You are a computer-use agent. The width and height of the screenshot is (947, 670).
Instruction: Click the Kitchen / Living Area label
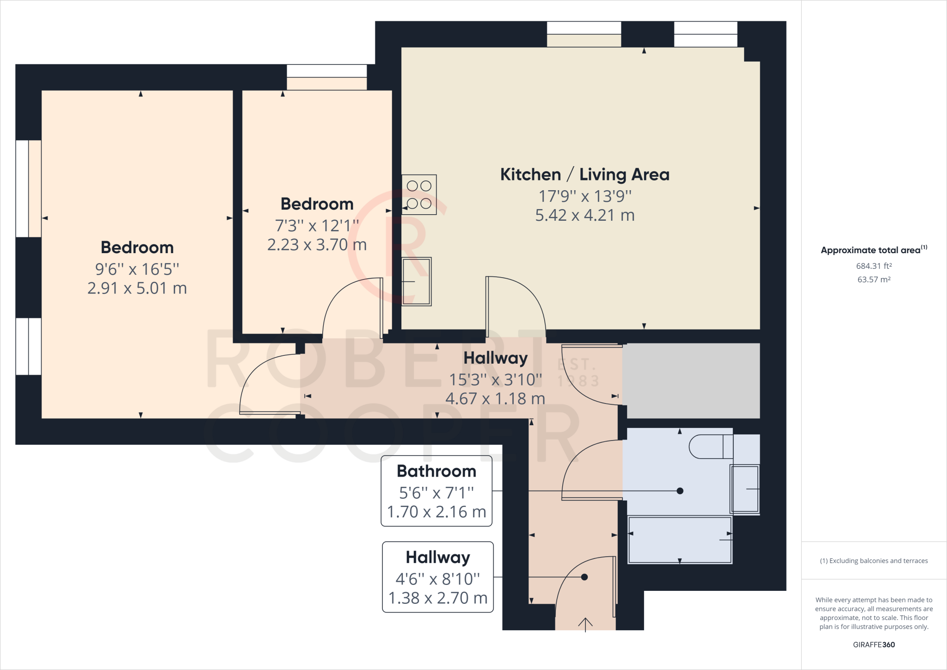[584, 174]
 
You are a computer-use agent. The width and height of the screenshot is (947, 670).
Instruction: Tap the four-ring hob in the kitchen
[419, 194]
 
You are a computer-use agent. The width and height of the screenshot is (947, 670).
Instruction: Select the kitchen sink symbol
[416, 281]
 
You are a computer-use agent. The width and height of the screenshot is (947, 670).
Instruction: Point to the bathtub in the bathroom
[680, 540]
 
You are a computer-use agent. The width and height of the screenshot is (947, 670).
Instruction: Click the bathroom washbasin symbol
[744, 489]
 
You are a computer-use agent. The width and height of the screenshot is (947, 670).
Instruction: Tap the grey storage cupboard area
[691, 380]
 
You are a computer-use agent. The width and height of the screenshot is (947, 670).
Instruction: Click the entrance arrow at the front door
[585, 624]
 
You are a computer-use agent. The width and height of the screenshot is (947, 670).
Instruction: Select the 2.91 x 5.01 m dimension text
[137, 288]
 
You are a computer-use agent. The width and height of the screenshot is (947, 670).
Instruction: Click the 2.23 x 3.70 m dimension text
[317, 245]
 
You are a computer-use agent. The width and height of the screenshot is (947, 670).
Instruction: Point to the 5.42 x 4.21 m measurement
[584, 215]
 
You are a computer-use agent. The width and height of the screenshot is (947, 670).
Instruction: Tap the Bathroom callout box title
[437, 471]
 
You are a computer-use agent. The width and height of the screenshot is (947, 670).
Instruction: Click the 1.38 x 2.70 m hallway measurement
[438, 598]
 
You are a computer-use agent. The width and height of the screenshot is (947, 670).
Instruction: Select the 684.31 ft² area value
[873, 266]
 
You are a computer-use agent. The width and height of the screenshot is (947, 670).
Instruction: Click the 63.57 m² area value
[873, 279]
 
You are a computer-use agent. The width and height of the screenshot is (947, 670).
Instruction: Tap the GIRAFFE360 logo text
[873, 645]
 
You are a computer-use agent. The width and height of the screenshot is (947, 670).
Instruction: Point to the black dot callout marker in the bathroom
[680, 491]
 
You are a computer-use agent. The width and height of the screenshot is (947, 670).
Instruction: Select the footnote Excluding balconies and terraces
[873, 561]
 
